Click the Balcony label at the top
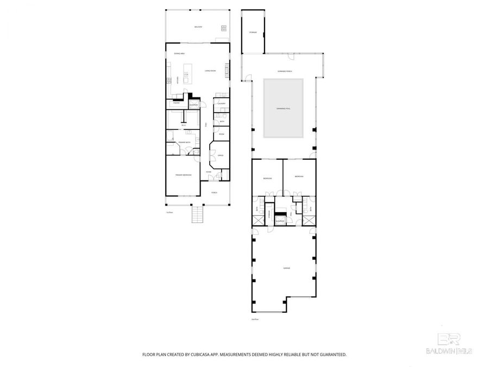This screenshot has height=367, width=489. [x=198, y=27]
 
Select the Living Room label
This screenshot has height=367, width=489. [x=210, y=71]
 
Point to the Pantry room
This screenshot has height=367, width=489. [x=177, y=102]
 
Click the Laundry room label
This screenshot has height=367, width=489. [x=221, y=103]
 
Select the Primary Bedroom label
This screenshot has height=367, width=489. [x=183, y=175]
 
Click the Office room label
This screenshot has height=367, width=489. [x=221, y=156]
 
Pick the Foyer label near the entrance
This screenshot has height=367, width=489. [x=208, y=172]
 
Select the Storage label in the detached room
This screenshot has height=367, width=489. [x=253, y=33]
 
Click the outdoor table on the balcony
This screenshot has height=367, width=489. [x=223, y=28]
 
